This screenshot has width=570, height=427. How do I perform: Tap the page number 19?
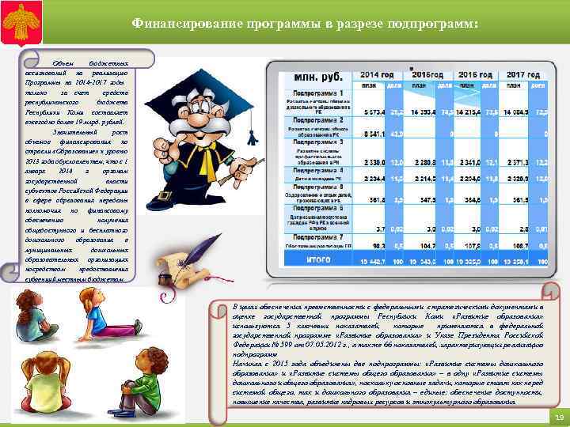coord(557,418)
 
